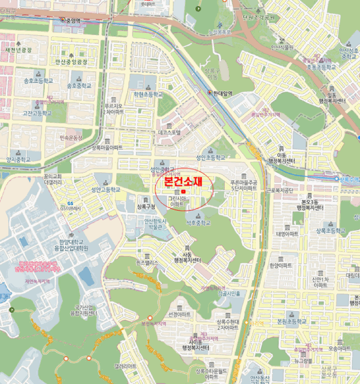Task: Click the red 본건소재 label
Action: [x=180, y=181]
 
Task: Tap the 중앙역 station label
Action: [x=73, y=20]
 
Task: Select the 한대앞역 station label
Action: [x=222, y=93]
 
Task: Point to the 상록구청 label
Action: [x=146, y=207]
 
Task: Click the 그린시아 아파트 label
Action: [x=178, y=201]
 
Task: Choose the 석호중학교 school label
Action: [x=198, y=223]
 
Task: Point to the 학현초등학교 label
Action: [x=148, y=94]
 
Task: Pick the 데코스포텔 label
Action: [x=169, y=132]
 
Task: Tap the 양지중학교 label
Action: [x=19, y=159]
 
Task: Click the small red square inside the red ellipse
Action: [x=185, y=191]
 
